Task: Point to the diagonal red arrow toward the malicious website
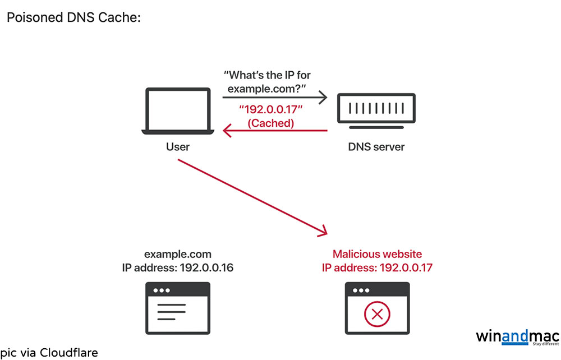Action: [252, 196]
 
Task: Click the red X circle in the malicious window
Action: [377, 315]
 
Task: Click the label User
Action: [177, 147]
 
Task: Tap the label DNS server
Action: [376, 147]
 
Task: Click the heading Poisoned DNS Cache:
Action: [73, 17]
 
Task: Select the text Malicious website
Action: [377, 254]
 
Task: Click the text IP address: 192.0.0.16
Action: [177, 267]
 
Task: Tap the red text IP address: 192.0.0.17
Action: [377, 267]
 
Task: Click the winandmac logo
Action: [517, 337]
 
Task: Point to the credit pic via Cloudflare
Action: [49, 352]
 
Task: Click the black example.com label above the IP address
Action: [177, 254]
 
